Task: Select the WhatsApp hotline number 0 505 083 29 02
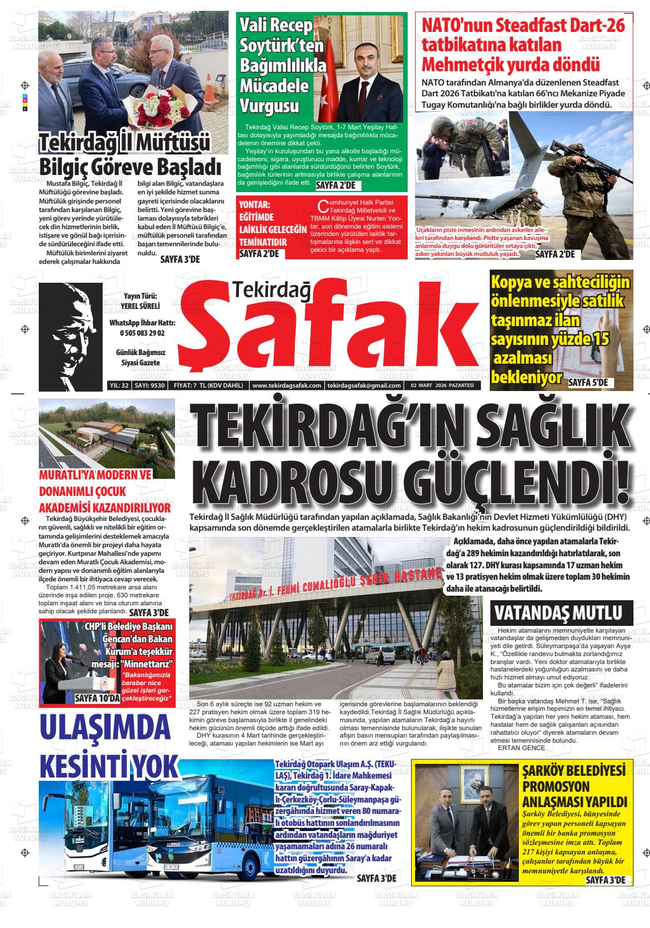[x=142, y=333]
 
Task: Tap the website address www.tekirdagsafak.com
[x=286, y=385]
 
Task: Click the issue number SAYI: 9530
[x=149, y=385]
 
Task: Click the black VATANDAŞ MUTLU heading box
[x=561, y=613]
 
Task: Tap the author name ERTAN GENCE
[x=521, y=747]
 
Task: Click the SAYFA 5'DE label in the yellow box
[x=588, y=383]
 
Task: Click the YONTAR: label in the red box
[x=254, y=204]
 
